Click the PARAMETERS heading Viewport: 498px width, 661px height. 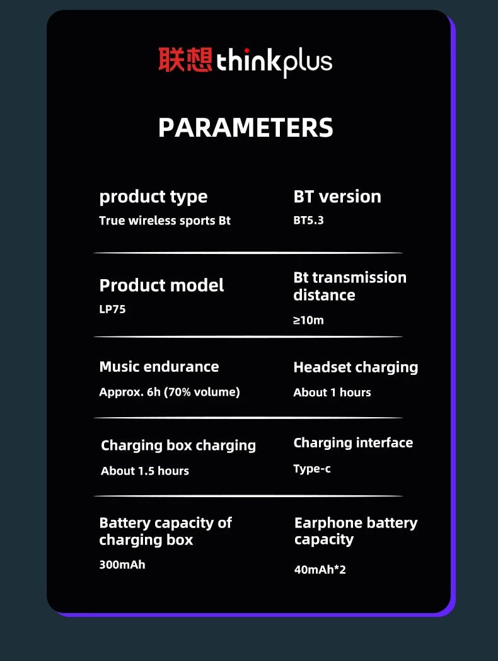(245, 127)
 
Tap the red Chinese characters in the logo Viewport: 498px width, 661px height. (185, 60)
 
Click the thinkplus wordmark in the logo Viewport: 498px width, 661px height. (274, 62)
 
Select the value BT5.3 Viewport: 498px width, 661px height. (308, 221)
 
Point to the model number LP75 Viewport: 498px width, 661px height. (112, 309)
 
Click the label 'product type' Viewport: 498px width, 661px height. (153, 197)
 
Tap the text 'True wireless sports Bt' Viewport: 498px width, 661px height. (165, 221)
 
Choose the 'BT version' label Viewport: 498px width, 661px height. (337, 197)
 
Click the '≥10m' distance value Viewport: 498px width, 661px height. (308, 320)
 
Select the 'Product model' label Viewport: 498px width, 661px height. (161, 285)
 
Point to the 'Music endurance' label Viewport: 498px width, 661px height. (159, 367)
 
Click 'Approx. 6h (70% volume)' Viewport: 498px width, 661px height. (170, 392)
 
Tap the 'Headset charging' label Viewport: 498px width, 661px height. (356, 367)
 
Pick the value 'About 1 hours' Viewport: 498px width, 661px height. (332, 393)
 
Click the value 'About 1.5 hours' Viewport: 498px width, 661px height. (145, 471)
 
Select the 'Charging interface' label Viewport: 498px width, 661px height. (353, 443)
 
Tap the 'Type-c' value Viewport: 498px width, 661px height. (312, 469)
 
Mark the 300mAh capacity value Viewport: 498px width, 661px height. (122, 565)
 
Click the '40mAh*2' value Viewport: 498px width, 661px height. (320, 570)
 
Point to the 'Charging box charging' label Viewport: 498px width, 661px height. (178, 445)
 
